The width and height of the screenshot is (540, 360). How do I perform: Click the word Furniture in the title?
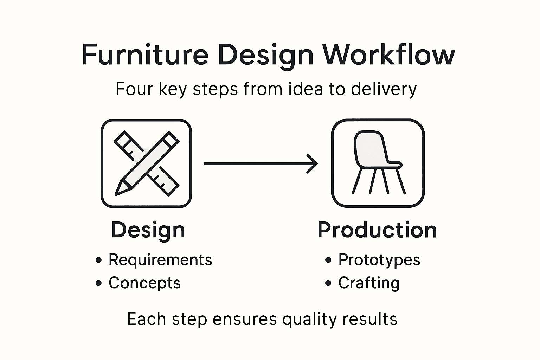point(145,55)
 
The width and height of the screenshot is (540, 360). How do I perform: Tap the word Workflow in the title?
point(388,55)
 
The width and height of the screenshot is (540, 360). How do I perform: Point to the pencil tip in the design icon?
point(120,190)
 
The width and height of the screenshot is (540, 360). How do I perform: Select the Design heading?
point(148,230)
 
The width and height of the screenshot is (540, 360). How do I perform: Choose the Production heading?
point(377,230)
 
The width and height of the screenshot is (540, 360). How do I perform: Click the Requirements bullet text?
point(160,260)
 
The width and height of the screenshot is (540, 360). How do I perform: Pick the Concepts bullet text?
point(144,283)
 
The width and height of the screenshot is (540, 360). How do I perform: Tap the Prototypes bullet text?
point(379,260)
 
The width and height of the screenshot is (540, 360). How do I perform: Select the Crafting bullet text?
point(369,283)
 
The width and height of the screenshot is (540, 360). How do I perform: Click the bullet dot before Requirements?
point(99,260)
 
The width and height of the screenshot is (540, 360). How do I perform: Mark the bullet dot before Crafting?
point(328,283)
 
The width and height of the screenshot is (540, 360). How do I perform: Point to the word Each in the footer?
point(147,319)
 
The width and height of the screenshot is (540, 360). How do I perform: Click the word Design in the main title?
point(266,55)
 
